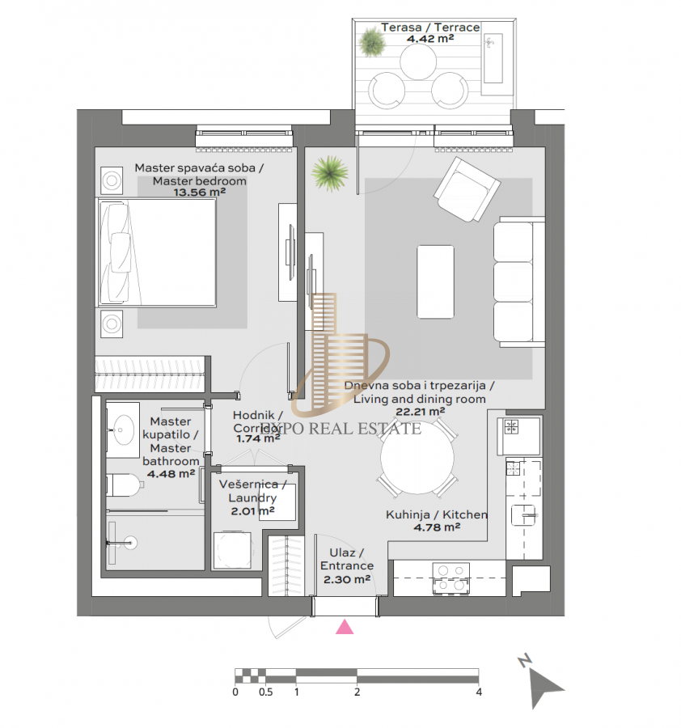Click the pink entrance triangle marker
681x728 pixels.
[x=345, y=627]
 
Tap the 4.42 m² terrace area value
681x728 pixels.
[x=430, y=39]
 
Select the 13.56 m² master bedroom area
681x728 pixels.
[x=200, y=193]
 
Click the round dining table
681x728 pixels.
[x=417, y=457]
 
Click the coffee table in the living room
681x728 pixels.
[x=435, y=281]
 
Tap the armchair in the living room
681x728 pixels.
[x=467, y=190]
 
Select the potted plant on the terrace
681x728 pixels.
[x=372, y=42]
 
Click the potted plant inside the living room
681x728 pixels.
[x=330, y=173]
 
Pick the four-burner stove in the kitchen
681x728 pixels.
[x=450, y=578]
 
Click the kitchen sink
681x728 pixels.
[x=523, y=515]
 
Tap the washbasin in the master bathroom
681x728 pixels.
[x=123, y=430]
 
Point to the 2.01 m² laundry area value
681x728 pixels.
[x=253, y=511]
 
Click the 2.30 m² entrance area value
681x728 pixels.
[x=347, y=579]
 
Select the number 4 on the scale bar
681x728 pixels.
[x=479, y=692]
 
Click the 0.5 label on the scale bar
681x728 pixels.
[x=265, y=692]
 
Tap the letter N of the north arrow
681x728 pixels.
[x=525, y=661]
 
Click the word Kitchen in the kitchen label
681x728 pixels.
[x=465, y=514]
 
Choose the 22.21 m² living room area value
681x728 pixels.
[x=420, y=412]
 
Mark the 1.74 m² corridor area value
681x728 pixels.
[x=258, y=438]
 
